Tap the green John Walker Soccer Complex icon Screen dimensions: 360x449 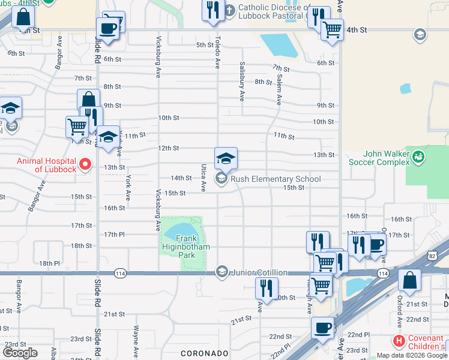pos(418,158)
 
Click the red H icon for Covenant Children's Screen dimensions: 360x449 pos(398,340)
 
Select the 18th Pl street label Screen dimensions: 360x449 pos(49,263)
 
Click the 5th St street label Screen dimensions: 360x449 pos(205,45)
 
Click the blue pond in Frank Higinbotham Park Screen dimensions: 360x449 pos(181,230)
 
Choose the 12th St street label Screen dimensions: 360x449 pos(169,148)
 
